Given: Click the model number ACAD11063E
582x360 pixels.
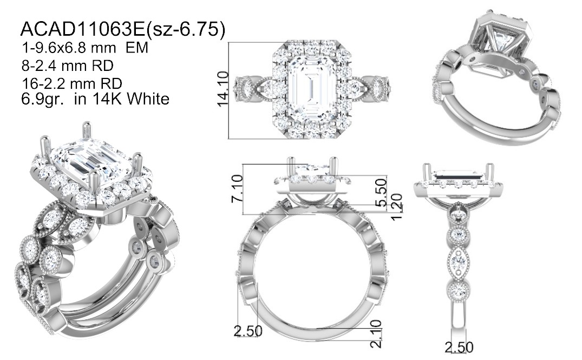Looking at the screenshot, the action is pos(83,29).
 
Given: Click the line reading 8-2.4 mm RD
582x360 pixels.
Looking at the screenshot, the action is pos(67,66).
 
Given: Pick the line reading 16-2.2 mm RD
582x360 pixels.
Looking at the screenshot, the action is pos(71,83).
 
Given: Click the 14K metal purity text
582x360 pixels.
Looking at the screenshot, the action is pos(103,99).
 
